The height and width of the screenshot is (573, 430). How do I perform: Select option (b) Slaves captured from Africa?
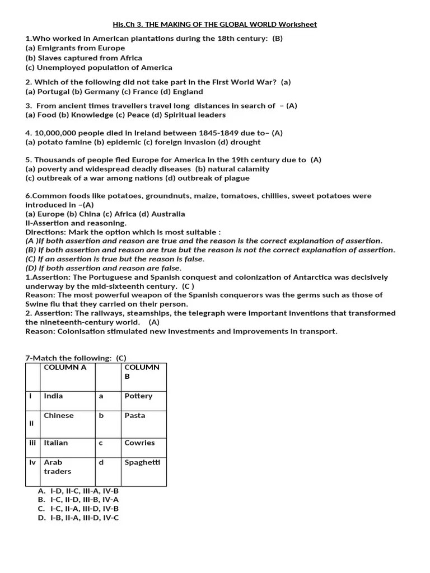[x=84, y=58]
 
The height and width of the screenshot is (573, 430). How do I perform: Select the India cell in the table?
[x=54, y=396]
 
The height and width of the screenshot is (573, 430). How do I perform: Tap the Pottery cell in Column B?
[x=138, y=396]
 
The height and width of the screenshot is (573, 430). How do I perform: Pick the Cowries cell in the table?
[x=139, y=443]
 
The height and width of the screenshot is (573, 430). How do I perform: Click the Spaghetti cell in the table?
[x=142, y=462]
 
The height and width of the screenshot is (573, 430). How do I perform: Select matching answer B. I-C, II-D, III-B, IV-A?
[x=78, y=499]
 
